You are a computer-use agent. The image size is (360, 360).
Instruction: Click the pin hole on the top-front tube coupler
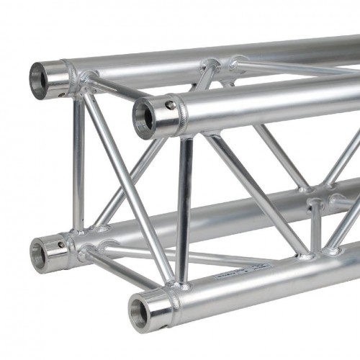[169, 105]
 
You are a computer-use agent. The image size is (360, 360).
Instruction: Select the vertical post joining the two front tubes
[184, 209]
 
